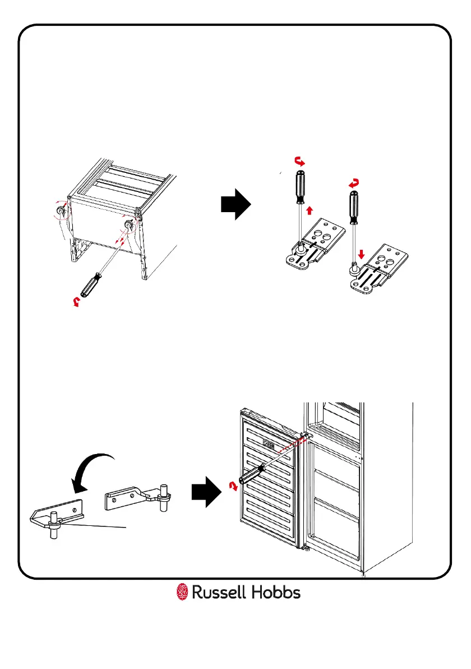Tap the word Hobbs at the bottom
point(276,592)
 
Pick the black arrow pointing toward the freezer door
point(204,492)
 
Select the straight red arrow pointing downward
point(361,253)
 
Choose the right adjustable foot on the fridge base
point(129,224)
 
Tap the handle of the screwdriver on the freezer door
point(250,474)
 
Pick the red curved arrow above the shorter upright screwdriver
point(353,182)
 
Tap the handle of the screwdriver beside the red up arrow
point(300,189)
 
